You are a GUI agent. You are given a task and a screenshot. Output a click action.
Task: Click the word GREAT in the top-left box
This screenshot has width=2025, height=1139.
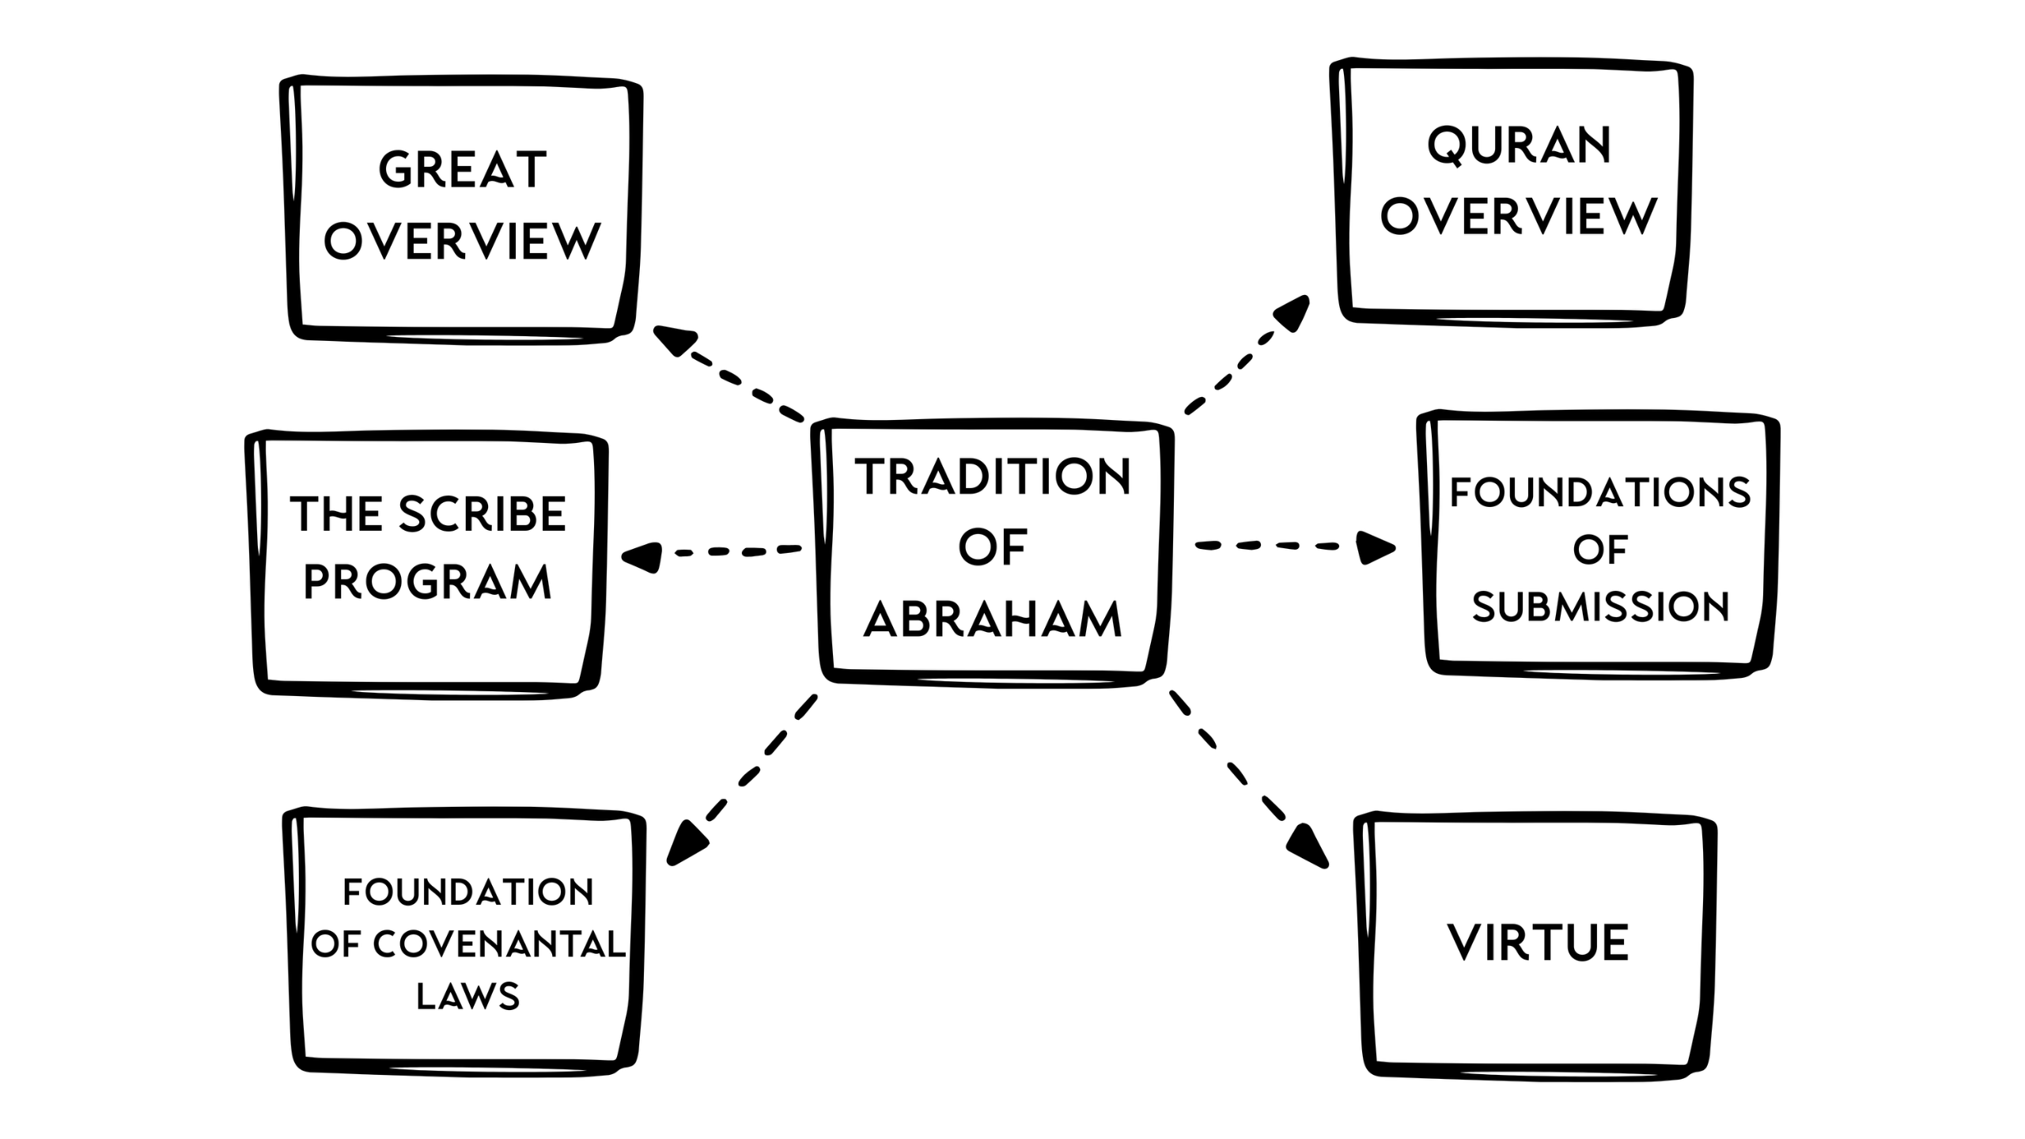[x=463, y=170]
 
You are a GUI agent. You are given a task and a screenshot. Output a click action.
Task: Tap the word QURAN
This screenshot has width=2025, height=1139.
[x=1519, y=146]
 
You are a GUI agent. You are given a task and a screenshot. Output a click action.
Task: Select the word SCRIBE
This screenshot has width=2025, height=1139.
[x=483, y=514]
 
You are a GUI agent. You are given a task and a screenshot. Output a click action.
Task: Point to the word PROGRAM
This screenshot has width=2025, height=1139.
[x=427, y=583]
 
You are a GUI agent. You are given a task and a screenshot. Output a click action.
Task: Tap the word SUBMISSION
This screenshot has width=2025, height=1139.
[x=1600, y=607]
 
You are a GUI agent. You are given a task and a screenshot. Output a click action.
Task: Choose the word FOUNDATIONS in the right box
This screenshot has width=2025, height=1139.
[x=1600, y=492]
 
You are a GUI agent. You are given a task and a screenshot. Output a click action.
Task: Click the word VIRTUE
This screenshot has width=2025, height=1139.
[x=1538, y=943]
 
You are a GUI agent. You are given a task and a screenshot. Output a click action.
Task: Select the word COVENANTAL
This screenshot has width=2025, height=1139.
[x=499, y=944]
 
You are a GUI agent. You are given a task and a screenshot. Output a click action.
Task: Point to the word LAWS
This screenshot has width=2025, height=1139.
[x=467, y=997]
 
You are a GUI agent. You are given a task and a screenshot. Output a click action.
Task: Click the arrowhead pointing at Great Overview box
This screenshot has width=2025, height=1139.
[x=672, y=339]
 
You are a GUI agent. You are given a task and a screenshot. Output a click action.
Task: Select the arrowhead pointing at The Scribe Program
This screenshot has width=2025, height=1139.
[x=642, y=557]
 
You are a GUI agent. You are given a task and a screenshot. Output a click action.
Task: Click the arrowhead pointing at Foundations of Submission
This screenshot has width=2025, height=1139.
[x=1375, y=547]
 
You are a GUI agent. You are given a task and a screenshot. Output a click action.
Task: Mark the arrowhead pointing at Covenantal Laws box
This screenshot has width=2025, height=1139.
[x=685, y=844]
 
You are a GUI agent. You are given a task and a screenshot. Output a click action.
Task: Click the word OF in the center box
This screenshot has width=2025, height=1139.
[x=993, y=547]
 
